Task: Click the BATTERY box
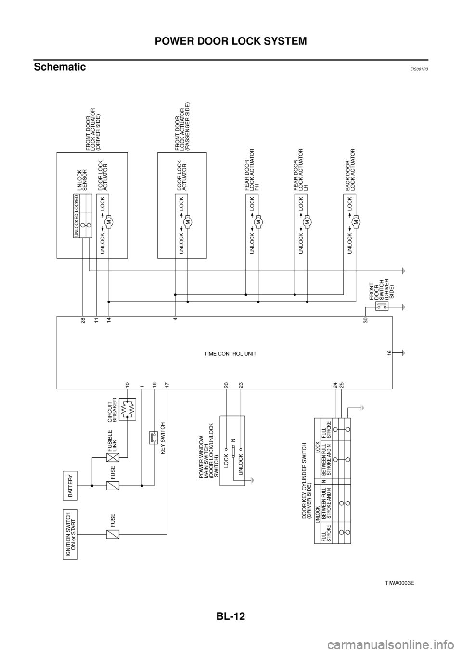click(x=70, y=485)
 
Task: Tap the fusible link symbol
click(x=113, y=458)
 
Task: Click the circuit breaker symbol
click(x=128, y=409)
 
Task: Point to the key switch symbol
click(x=154, y=438)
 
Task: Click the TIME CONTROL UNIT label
click(x=230, y=354)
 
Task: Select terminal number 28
click(x=83, y=320)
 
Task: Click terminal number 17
click(x=167, y=385)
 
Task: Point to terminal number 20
click(x=226, y=385)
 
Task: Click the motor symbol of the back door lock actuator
click(x=356, y=222)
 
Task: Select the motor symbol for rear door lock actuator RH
click(x=258, y=222)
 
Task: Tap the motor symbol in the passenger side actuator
click(x=188, y=222)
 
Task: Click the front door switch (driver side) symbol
click(x=382, y=305)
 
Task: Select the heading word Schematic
click(x=60, y=67)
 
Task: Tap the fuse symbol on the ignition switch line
click(x=113, y=534)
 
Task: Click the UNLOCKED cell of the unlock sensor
click(x=76, y=225)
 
